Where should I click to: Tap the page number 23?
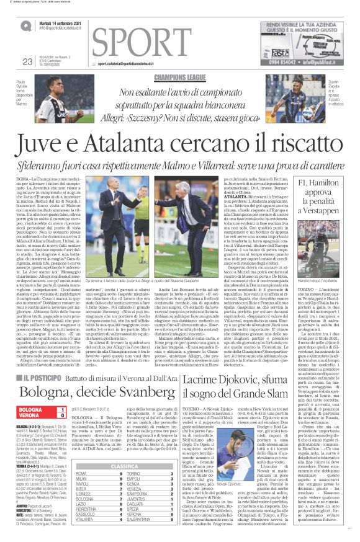(27, 61)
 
